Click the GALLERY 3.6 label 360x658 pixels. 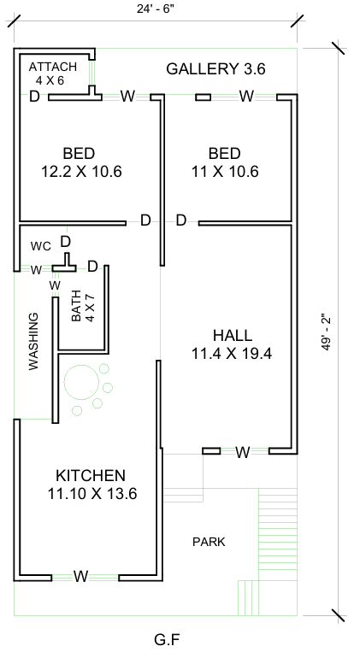[215, 69]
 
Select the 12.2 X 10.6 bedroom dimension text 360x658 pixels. [81, 172]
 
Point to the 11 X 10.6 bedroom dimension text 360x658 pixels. [225, 172]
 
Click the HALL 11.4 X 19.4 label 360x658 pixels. [232, 344]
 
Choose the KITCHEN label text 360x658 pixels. [91, 476]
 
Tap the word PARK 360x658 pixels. [209, 542]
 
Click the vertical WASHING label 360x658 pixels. [33, 341]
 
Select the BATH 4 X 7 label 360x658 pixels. [83, 306]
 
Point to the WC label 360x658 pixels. [41, 246]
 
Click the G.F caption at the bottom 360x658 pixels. [168, 640]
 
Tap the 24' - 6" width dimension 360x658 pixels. [156, 9]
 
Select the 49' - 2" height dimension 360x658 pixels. [327, 332]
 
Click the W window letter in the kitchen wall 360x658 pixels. [81, 576]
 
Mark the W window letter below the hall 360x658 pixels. [242, 452]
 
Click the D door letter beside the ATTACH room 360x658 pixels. [34, 97]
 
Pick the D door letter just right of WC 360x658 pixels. [66, 242]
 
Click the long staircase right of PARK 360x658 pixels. [278, 534]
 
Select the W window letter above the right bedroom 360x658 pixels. [246, 96]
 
